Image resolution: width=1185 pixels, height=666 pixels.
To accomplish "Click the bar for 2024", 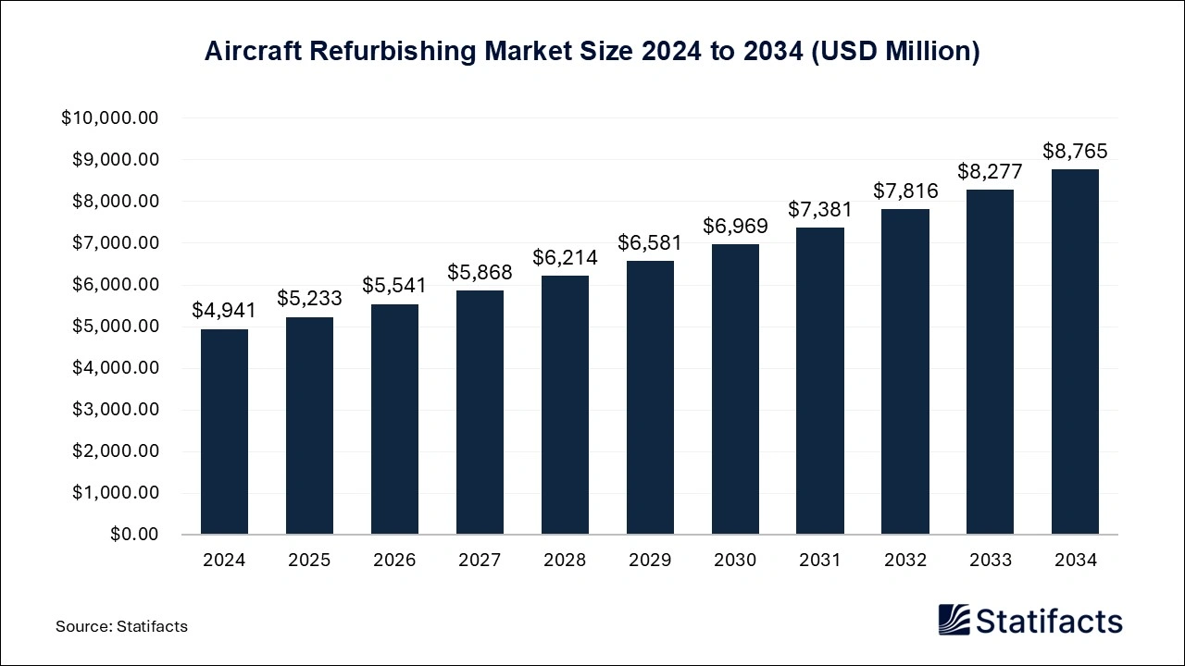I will click(224, 432).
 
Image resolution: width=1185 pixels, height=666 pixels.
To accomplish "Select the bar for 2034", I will click(1075, 351).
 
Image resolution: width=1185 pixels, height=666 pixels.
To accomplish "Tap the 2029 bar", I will click(650, 398).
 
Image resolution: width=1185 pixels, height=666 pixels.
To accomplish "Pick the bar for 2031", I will click(820, 381).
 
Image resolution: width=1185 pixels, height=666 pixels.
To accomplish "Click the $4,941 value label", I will click(224, 311).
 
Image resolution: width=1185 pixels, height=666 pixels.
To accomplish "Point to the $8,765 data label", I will click(1075, 151).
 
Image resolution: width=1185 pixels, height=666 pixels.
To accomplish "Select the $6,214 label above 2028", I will click(565, 258).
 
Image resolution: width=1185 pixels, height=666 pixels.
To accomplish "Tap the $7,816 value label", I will click(905, 191).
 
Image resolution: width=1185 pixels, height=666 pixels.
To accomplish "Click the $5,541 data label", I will click(394, 286).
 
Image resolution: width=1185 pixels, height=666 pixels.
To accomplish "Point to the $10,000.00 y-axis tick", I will click(110, 118).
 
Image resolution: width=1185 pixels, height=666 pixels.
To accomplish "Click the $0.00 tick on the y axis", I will click(134, 535).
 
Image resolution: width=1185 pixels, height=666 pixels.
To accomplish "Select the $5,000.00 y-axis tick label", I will click(115, 327).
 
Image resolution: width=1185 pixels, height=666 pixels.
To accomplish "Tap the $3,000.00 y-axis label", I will click(115, 410).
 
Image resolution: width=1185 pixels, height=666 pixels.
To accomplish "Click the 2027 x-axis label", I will click(480, 561).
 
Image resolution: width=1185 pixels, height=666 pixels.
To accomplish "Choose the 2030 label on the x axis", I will click(735, 561).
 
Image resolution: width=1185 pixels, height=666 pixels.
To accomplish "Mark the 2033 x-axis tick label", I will click(990, 561).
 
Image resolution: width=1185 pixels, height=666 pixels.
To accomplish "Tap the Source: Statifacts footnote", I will click(121, 626).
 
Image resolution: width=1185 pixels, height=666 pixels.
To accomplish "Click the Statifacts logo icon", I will click(954, 620).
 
